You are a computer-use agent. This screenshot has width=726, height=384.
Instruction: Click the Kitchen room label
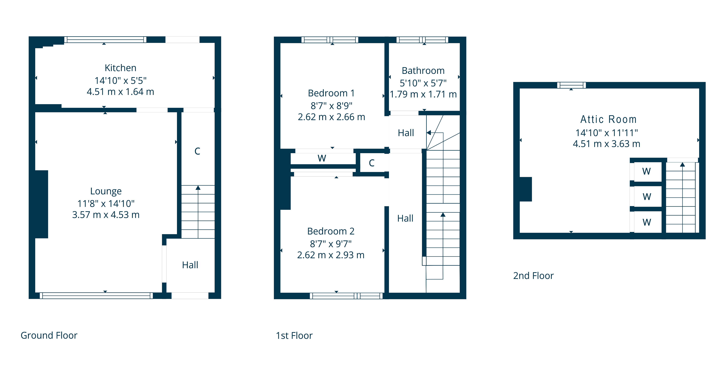pos(120,68)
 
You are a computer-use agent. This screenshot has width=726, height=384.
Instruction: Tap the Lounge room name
pos(106,191)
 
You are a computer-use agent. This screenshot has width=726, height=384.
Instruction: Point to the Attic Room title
pos(608,119)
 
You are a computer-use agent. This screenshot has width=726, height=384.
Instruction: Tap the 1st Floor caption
pos(294,336)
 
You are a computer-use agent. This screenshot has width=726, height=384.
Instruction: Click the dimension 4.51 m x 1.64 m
pos(120,92)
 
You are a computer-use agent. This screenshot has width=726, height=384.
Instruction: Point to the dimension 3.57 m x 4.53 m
pos(106,215)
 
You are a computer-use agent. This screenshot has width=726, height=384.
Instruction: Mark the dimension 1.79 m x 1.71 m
pos(423,94)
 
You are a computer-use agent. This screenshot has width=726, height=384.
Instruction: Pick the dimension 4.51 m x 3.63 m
pos(607,144)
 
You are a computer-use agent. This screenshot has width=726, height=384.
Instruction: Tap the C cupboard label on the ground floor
pos(197,151)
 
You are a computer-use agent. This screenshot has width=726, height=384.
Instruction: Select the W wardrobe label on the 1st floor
pos(322,158)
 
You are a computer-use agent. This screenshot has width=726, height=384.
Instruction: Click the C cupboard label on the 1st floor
pos(372,163)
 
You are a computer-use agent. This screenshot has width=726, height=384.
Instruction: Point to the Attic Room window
pos(572,85)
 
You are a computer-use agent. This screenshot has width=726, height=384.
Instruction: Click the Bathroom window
pos(422,40)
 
